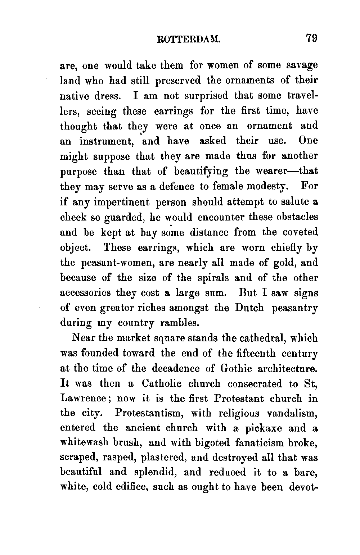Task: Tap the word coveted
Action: [301, 232]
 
